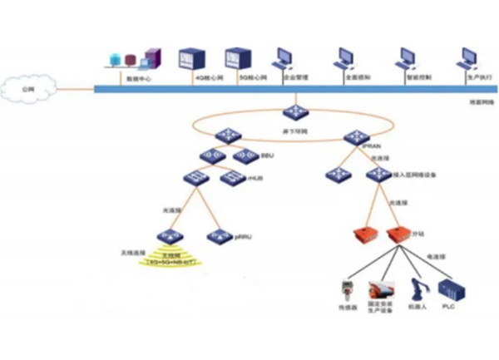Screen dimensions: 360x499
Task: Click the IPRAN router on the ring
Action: click(356, 137)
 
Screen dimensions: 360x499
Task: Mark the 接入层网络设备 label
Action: click(416, 176)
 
